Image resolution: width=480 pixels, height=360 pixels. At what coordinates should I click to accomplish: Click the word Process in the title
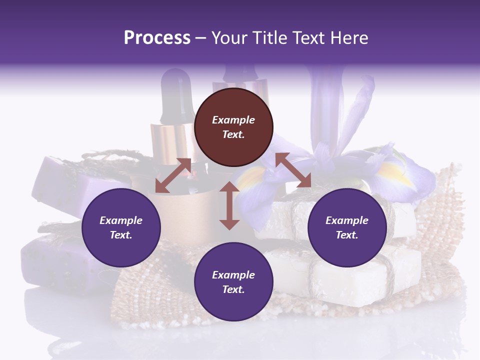[157, 38]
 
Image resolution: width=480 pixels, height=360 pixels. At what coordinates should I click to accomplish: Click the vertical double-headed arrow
[229, 205]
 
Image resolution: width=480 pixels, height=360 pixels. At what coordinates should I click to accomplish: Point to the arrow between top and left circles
[173, 175]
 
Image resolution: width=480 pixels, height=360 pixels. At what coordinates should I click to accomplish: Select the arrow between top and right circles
[293, 170]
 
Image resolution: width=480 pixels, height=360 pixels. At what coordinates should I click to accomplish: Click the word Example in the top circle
[233, 120]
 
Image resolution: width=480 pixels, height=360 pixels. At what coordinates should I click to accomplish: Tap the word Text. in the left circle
[121, 235]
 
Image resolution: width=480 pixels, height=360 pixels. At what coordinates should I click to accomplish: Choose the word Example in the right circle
[347, 220]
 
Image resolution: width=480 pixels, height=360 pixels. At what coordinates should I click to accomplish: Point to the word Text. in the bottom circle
[233, 289]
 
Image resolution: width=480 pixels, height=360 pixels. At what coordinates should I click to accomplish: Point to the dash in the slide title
[200, 38]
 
